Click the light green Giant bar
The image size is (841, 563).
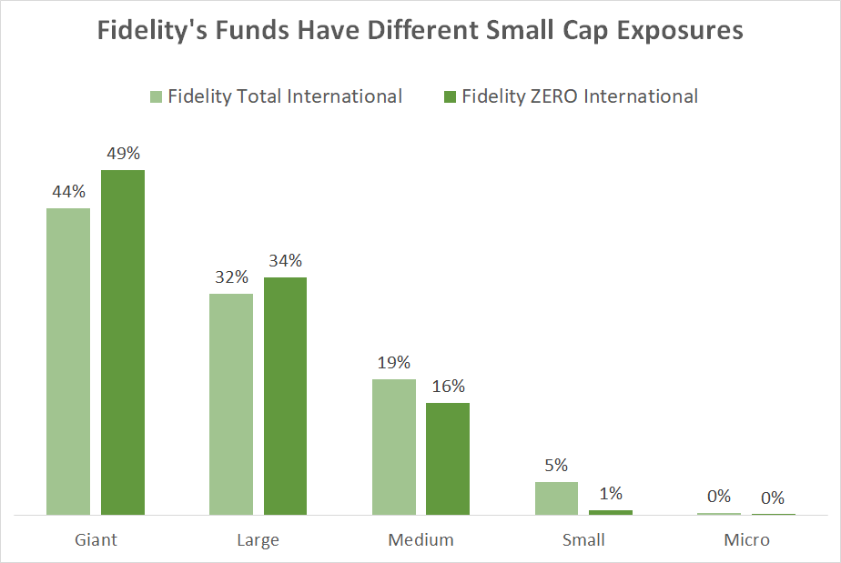68,361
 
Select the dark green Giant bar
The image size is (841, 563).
122,342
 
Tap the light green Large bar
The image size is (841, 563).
231,404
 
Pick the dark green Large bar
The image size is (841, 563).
285,396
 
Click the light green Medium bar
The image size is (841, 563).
394,447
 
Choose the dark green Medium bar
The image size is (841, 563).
448,458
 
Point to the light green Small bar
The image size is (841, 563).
556,498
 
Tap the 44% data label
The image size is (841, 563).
68,192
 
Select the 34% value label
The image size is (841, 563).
285,261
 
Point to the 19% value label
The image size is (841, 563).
394,363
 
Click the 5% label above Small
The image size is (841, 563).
556,466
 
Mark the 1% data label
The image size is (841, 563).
611,494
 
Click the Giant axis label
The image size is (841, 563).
96,539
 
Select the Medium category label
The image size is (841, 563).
420,539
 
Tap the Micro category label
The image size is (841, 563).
746,539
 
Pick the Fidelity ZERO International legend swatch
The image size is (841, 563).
449,96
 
